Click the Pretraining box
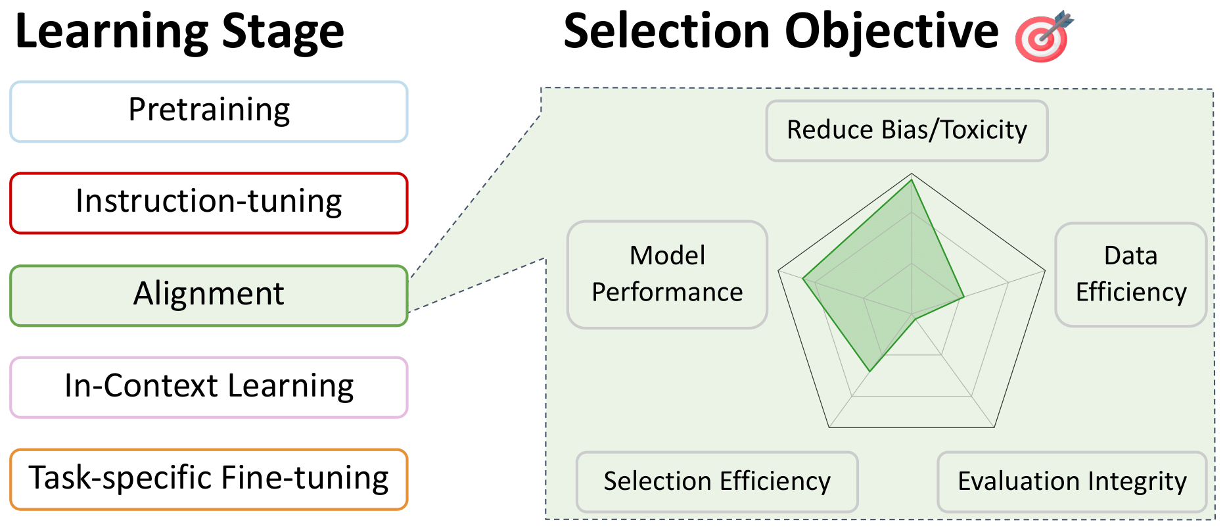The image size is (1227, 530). pyautogui.click(x=209, y=111)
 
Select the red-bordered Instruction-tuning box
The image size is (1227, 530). pyautogui.click(x=209, y=203)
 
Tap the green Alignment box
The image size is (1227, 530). pyautogui.click(x=209, y=295)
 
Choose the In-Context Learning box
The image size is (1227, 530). pyautogui.click(x=209, y=387)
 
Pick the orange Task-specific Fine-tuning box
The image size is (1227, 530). pyautogui.click(x=209, y=479)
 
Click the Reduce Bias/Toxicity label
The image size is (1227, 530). pyautogui.click(x=906, y=130)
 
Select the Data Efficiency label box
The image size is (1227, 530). pyautogui.click(x=1130, y=274)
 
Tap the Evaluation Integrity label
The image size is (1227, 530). pyautogui.click(x=1072, y=481)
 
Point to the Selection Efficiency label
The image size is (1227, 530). pyautogui.click(x=717, y=481)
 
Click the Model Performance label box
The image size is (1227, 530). pyautogui.click(x=667, y=274)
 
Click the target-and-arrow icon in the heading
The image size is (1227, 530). pyautogui.click(x=1044, y=36)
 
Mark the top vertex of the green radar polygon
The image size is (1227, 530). pyautogui.click(x=912, y=180)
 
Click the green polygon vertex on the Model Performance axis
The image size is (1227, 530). pyautogui.click(x=803, y=279)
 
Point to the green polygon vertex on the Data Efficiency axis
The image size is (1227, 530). pyautogui.click(x=963, y=297)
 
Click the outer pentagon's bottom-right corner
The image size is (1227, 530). pyautogui.click(x=994, y=427)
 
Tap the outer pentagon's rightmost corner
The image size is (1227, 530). pyautogui.click(x=1045, y=270)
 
